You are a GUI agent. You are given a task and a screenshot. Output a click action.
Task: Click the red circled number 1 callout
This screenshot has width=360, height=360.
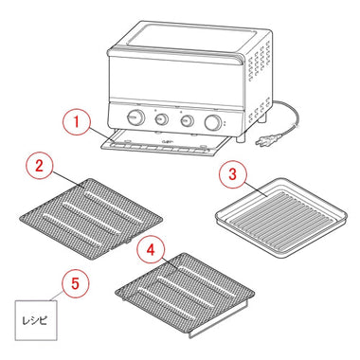(76, 121)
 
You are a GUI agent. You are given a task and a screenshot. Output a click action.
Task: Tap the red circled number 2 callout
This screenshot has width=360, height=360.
(39, 166)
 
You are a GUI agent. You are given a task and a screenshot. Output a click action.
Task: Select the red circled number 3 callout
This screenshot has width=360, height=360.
(232, 174)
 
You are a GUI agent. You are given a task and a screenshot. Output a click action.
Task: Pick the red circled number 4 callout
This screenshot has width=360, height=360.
(151, 250)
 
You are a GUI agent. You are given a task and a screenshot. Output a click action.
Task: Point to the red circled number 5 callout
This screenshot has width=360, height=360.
(75, 283)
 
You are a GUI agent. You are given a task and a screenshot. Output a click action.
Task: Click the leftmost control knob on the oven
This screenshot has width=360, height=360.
(135, 117)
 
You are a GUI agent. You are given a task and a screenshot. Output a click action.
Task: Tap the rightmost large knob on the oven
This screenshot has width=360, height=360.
(212, 122)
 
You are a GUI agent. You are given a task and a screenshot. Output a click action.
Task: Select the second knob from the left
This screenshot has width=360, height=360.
(162, 119)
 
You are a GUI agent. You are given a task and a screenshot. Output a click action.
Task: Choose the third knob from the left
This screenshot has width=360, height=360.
(187, 120)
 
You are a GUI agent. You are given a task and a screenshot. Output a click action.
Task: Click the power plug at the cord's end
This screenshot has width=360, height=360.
(262, 142)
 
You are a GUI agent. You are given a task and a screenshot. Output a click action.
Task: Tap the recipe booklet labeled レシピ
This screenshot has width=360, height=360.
(36, 320)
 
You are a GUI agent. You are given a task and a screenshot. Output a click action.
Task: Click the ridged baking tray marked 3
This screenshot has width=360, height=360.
(281, 218)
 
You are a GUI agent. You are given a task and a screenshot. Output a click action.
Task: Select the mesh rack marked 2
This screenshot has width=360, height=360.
(91, 219)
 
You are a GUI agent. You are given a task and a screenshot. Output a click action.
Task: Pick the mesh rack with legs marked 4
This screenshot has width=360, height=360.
(185, 291)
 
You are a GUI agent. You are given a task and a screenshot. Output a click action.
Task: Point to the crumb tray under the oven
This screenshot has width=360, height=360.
(164, 145)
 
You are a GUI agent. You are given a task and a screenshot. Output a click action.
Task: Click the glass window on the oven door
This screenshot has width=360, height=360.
(175, 78)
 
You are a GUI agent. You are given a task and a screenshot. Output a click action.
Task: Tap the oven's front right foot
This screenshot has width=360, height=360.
(242, 137)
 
